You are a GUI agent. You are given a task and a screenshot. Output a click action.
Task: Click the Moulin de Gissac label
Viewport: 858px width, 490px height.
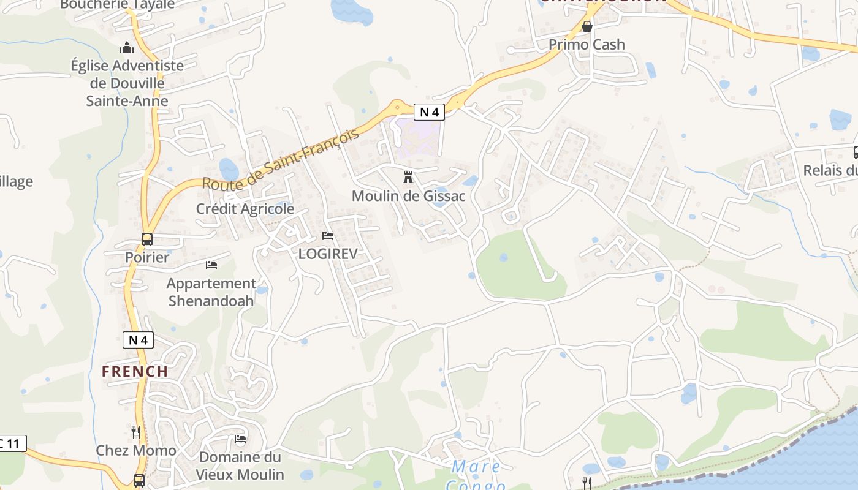pyautogui.click(x=408, y=196)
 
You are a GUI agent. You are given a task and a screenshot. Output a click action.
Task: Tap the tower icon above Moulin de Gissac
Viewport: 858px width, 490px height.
pyautogui.click(x=408, y=178)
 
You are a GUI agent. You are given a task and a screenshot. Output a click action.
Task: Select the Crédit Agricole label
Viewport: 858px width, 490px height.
pyautogui.click(x=245, y=209)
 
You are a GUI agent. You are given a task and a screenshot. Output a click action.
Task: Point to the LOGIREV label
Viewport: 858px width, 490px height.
pyautogui.click(x=327, y=254)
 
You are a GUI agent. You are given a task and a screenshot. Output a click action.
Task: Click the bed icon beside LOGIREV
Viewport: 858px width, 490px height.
pyautogui.click(x=328, y=236)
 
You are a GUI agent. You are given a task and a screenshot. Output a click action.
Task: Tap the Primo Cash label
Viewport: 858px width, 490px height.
pyautogui.click(x=587, y=44)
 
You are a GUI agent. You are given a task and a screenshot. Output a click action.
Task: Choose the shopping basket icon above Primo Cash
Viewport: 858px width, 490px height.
pyautogui.click(x=587, y=26)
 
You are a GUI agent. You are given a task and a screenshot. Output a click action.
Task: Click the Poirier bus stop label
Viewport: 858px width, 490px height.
pyautogui.click(x=147, y=257)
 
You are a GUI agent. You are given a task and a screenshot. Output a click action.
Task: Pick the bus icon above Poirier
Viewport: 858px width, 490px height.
pyautogui.click(x=147, y=239)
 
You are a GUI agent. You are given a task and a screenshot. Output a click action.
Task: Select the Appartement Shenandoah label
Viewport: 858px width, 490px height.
pyautogui.click(x=211, y=292)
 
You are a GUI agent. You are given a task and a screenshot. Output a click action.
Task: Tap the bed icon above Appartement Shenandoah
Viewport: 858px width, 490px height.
pyautogui.click(x=211, y=265)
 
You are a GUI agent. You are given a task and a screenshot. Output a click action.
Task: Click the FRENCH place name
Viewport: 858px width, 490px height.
pyautogui.click(x=135, y=371)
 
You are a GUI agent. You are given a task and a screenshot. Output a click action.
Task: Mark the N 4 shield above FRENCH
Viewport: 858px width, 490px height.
pyautogui.click(x=138, y=340)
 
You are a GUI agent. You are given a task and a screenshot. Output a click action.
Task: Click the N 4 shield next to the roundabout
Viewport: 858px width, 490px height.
pyautogui.click(x=429, y=112)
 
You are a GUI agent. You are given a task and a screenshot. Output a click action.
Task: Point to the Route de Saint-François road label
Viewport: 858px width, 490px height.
pyautogui.click(x=280, y=160)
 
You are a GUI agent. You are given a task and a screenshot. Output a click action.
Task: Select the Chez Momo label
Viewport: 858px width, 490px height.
pyautogui.click(x=136, y=450)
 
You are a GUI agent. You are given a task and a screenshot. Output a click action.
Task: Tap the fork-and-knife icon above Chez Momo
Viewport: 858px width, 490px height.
pyautogui.click(x=136, y=432)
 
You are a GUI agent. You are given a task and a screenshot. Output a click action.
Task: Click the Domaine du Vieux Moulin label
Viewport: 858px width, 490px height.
pyautogui.click(x=240, y=466)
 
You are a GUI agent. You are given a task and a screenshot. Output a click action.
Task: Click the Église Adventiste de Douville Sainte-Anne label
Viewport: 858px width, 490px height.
pyautogui.click(x=127, y=83)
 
